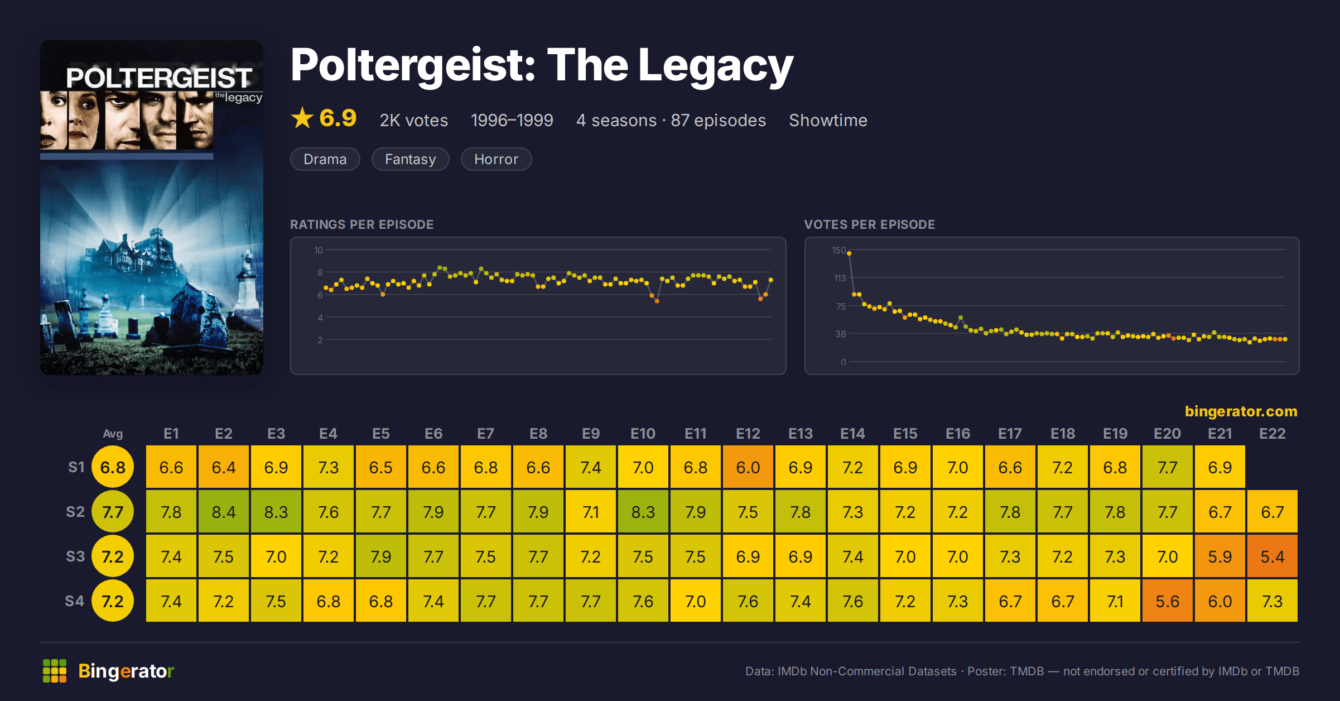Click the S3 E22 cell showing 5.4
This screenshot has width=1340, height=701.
click(x=1272, y=556)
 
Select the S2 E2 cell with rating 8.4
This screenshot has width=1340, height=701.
click(x=224, y=511)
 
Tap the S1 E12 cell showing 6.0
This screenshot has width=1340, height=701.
click(x=748, y=467)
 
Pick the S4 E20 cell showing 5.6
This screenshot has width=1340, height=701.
click(x=1167, y=601)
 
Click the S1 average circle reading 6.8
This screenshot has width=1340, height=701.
click(x=113, y=467)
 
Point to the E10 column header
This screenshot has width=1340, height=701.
click(x=643, y=434)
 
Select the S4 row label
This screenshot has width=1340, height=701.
click(x=75, y=601)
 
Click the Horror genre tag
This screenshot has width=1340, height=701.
click(x=496, y=159)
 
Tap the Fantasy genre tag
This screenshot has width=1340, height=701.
click(x=410, y=159)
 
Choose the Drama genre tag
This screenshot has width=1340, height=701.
click(x=325, y=159)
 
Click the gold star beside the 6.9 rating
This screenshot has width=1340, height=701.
click(x=302, y=118)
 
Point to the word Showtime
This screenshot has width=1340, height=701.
click(x=828, y=120)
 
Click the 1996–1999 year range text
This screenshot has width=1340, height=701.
click(x=512, y=120)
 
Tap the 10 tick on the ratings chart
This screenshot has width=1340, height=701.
click(x=318, y=250)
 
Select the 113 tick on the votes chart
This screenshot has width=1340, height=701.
click(x=840, y=278)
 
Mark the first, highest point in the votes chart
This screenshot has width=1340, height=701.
click(x=849, y=253)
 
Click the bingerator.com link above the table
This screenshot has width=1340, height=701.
click(x=1241, y=411)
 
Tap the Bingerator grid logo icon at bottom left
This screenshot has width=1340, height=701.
click(x=55, y=671)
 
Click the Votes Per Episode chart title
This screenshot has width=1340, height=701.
click(x=869, y=224)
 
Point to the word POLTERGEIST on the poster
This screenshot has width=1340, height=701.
click(x=159, y=78)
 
